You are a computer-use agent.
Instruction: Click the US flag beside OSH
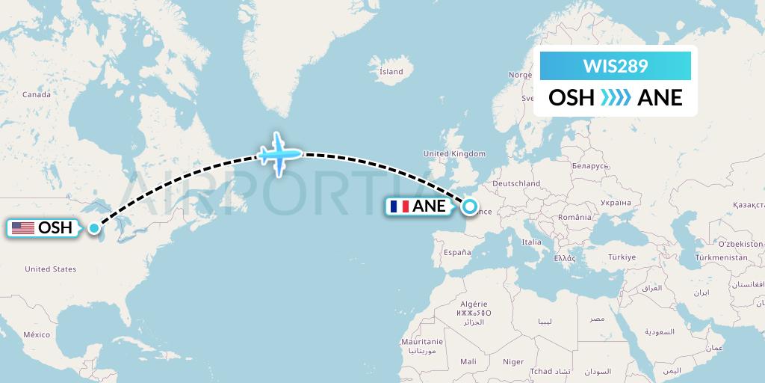23,228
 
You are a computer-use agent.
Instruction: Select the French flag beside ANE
400,206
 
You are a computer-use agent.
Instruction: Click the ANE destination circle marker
470,206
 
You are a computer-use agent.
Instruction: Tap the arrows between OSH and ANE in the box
615,97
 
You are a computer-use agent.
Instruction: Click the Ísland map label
391,72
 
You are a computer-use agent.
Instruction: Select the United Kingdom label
454,154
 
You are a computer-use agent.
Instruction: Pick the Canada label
36,95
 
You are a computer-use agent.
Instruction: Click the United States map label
51,269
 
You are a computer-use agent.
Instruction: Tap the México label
36,335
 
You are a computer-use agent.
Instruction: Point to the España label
457,254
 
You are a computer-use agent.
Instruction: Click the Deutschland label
516,183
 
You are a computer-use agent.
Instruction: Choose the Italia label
531,242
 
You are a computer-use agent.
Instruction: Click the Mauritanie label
422,342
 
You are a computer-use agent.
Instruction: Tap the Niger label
513,361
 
